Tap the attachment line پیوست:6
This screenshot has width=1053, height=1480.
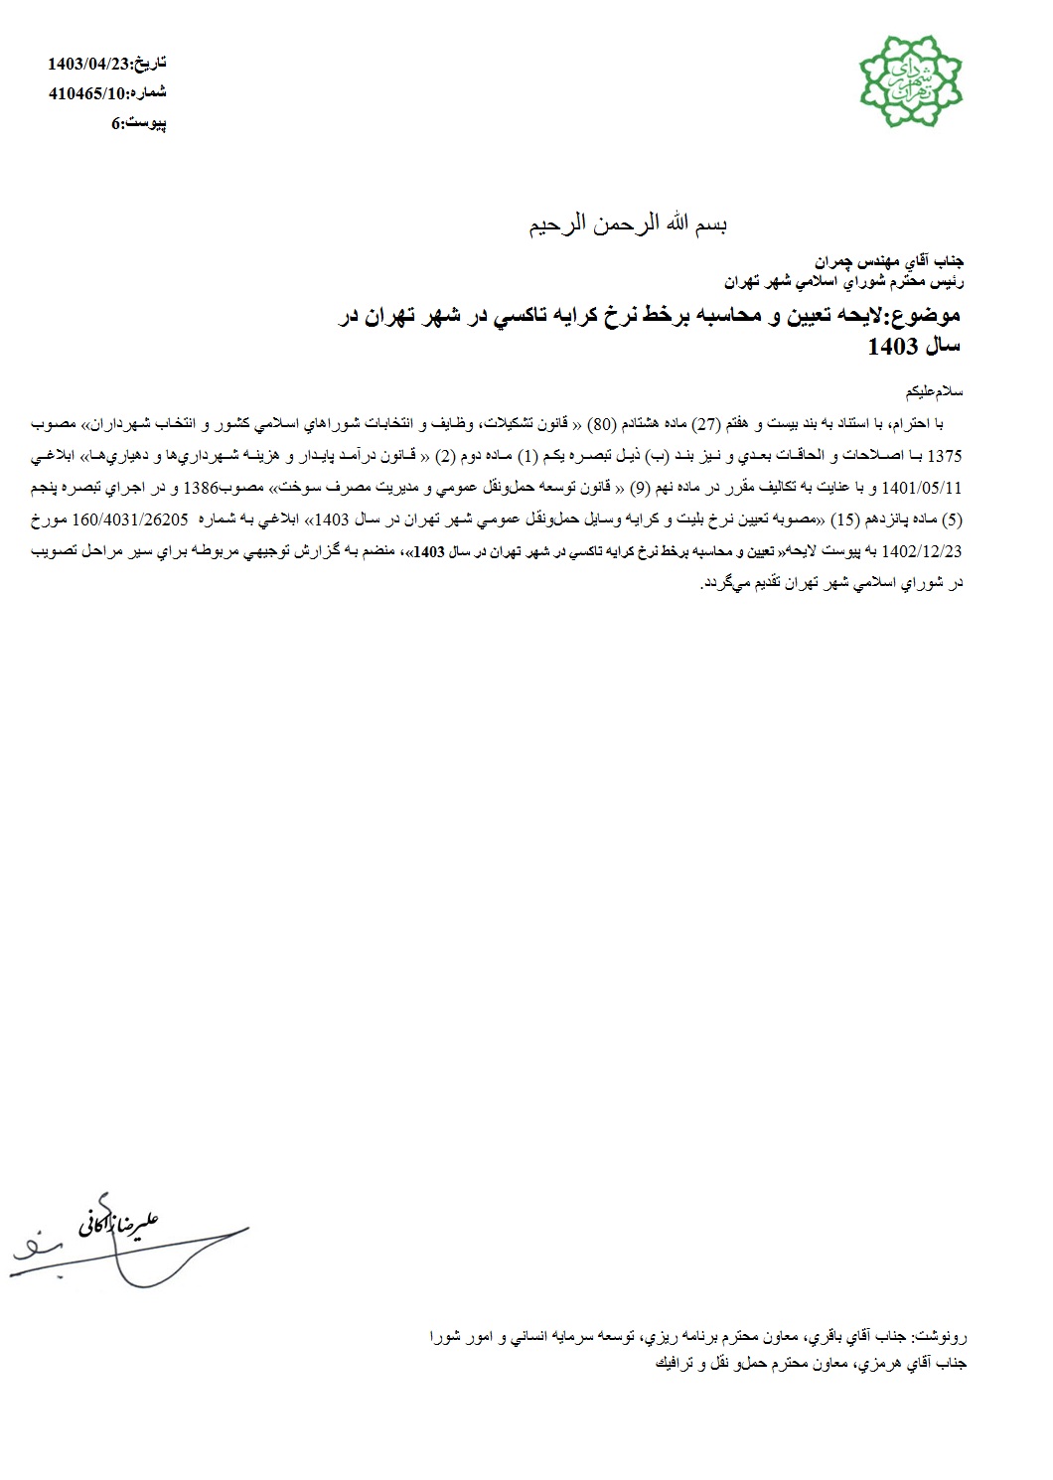[x=138, y=124]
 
